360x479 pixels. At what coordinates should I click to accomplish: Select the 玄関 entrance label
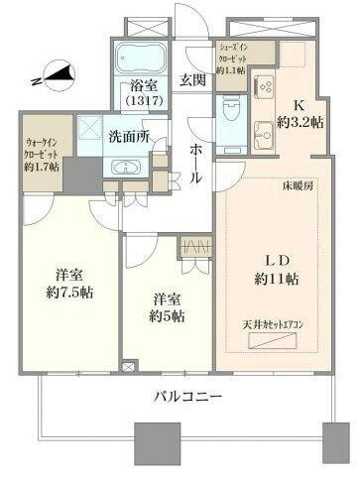(192, 80)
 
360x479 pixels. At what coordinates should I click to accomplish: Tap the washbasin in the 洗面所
(128, 165)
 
